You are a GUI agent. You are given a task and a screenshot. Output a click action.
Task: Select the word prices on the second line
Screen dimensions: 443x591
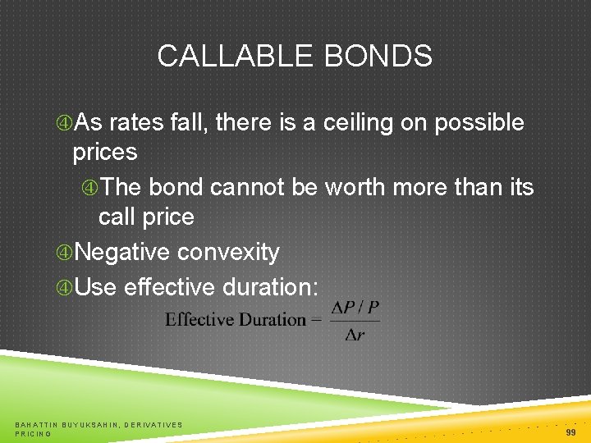pos(105,153)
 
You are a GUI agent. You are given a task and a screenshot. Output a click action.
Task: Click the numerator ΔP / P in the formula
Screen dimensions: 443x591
pos(355,308)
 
